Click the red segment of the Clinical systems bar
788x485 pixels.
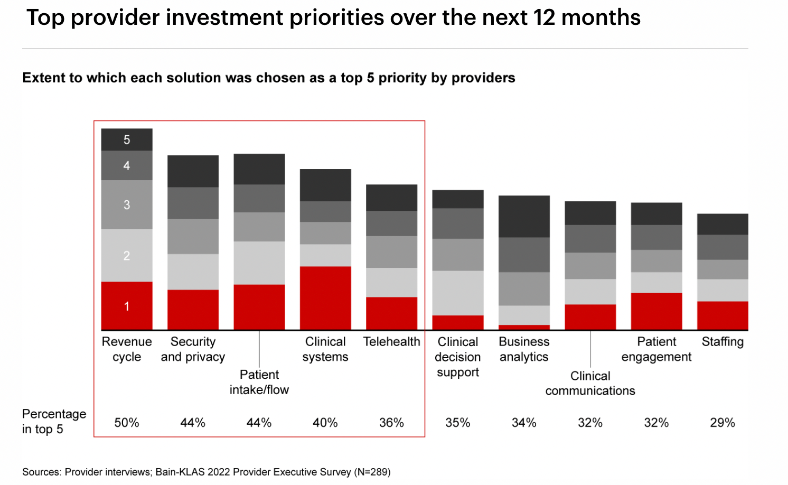click(x=325, y=298)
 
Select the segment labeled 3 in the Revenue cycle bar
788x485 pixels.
click(x=127, y=204)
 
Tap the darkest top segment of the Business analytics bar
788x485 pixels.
click(x=524, y=216)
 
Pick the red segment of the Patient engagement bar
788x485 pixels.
click(x=656, y=311)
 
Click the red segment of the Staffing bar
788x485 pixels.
click(x=723, y=315)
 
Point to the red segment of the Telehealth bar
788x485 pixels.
click(x=391, y=313)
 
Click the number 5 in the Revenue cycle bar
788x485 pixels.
click(x=127, y=140)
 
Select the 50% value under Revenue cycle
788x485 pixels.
click(x=127, y=423)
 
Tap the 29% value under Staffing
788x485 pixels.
click(x=723, y=423)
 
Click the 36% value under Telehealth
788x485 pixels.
click(x=391, y=423)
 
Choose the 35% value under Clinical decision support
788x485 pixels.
click(x=457, y=423)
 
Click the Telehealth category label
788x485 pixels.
click(x=391, y=342)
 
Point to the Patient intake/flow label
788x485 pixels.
click(x=259, y=382)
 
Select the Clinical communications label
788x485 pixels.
click(x=590, y=384)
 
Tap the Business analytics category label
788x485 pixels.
click(x=524, y=349)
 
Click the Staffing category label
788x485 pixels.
click(x=723, y=342)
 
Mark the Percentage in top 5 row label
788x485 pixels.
click(x=54, y=421)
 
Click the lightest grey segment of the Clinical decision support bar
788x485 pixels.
click(x=457, y=293)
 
